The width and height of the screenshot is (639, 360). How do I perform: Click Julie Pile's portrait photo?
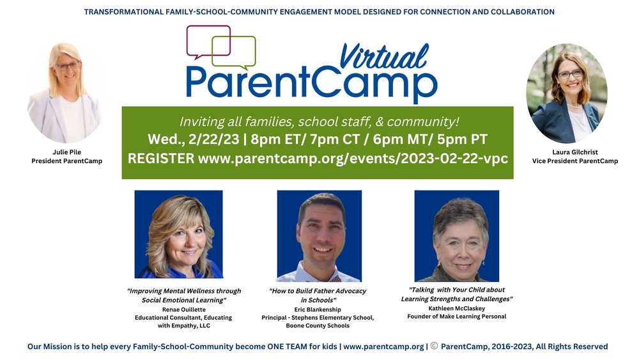click(x=65, y=92)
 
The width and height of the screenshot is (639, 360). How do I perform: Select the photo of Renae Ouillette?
click(x=178, y=234)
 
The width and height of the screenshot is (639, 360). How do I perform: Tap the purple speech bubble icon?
click(x=208, y=40)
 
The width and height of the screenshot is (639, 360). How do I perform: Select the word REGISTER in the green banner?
click(x=161, y=159)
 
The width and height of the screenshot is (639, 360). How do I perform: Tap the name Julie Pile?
click(x=66, y=152)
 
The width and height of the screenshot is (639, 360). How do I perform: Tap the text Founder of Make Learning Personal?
click(x=456, y=317)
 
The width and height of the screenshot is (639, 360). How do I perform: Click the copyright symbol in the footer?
click(x=434, y=347)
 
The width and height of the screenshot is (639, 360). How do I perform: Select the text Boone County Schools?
click(x=318, y=325)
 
